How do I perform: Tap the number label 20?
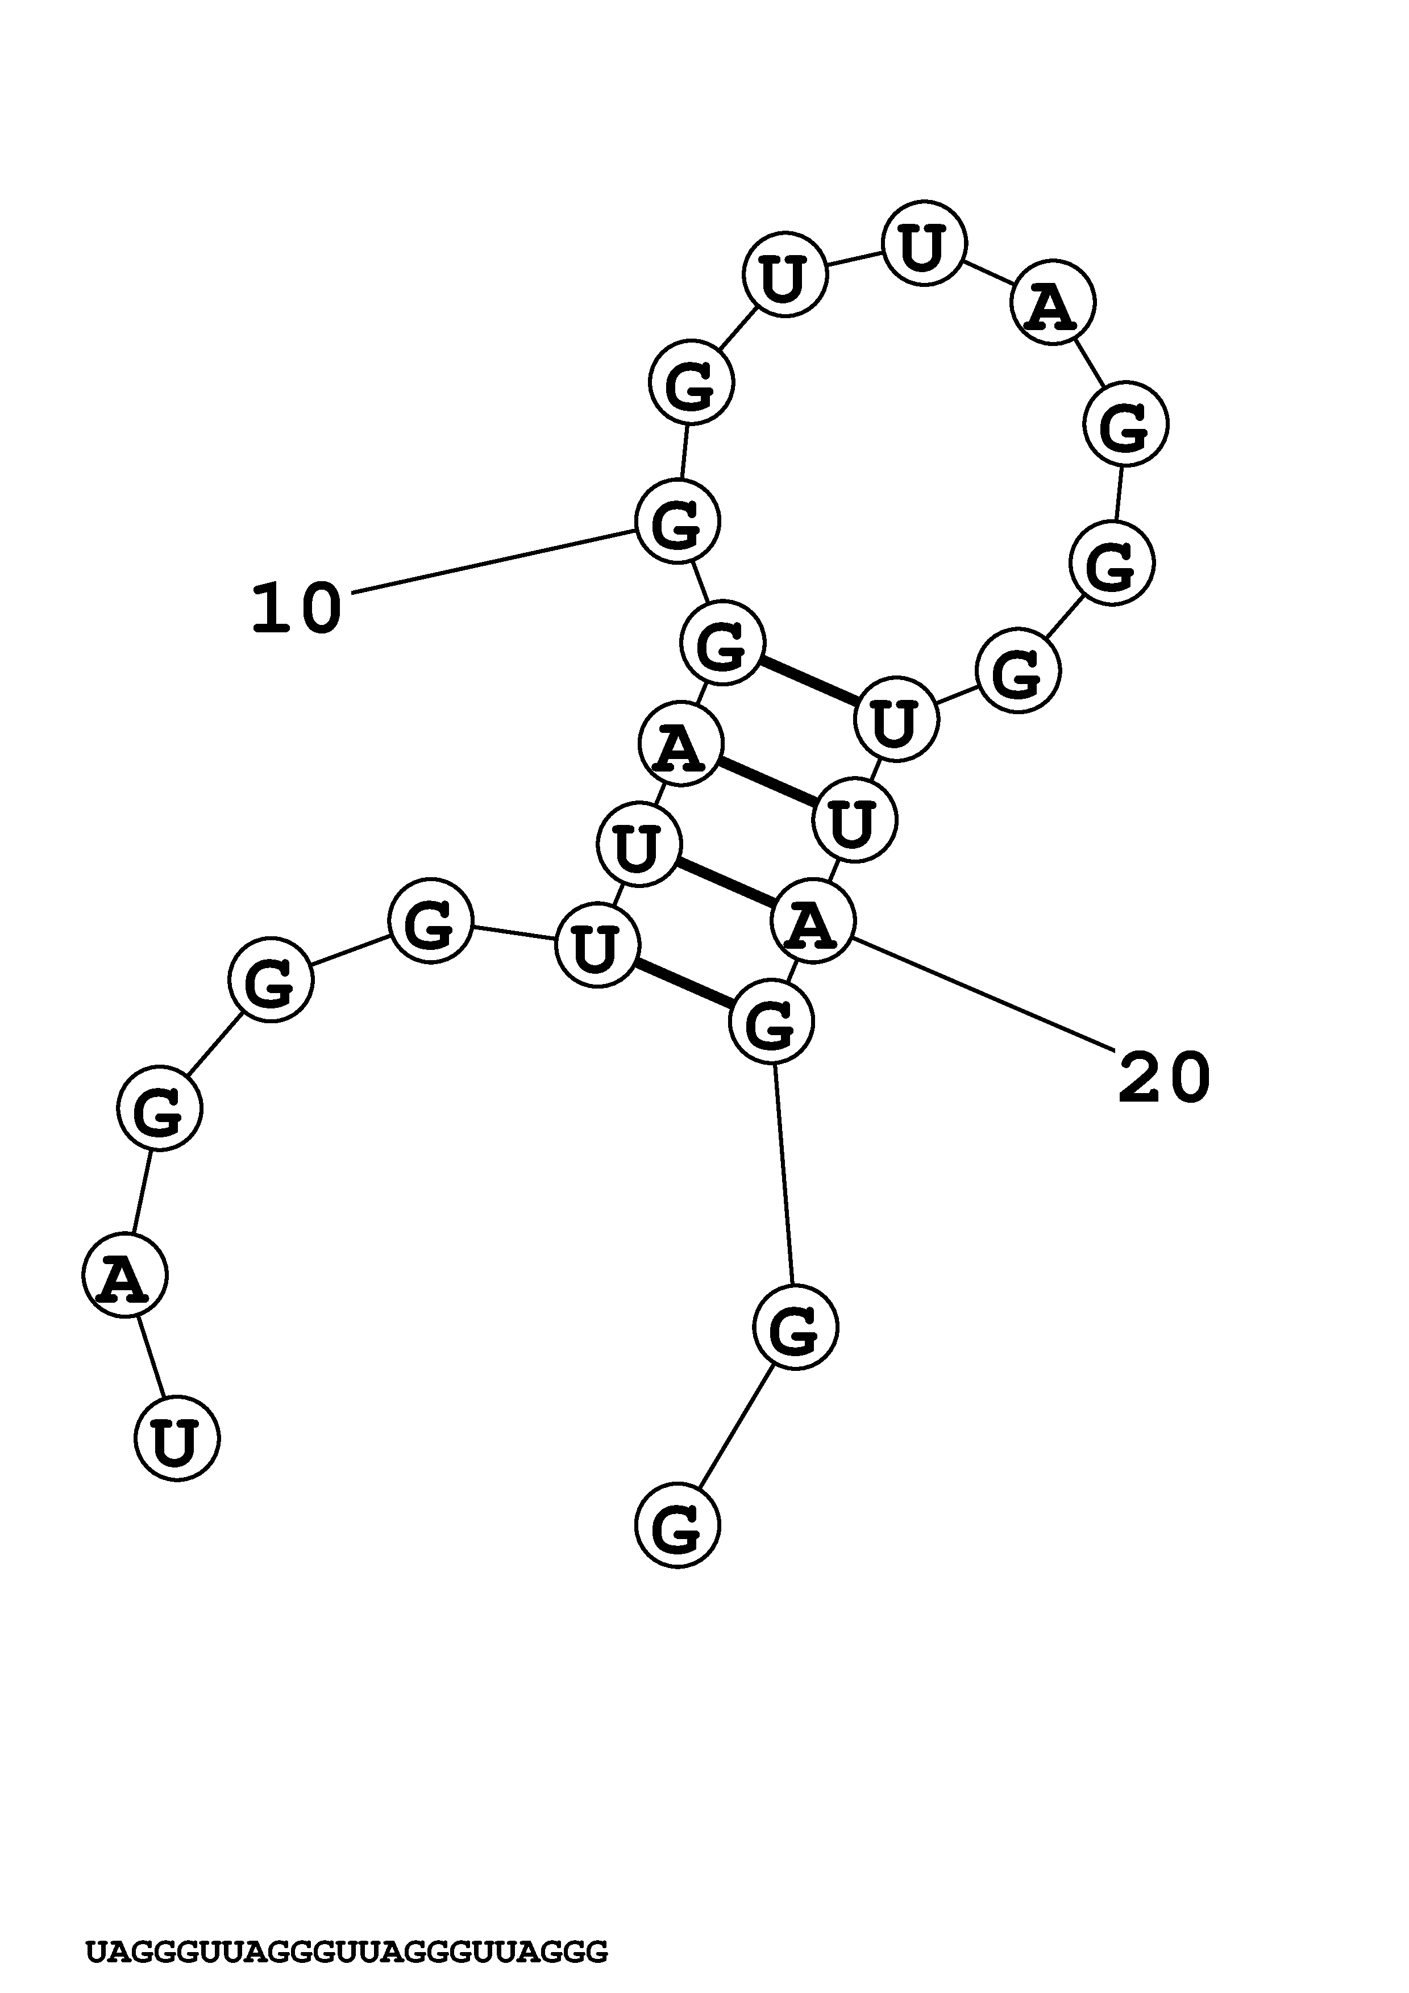[x=1163, y=1078]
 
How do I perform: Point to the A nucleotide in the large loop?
[x=1053, y=303]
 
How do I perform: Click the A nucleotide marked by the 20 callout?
[x=813, y=921]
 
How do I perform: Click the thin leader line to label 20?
[x=986, y=995]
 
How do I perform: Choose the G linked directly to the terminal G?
[x=795, y=1328]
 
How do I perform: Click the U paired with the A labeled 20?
[x=639, y=844]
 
